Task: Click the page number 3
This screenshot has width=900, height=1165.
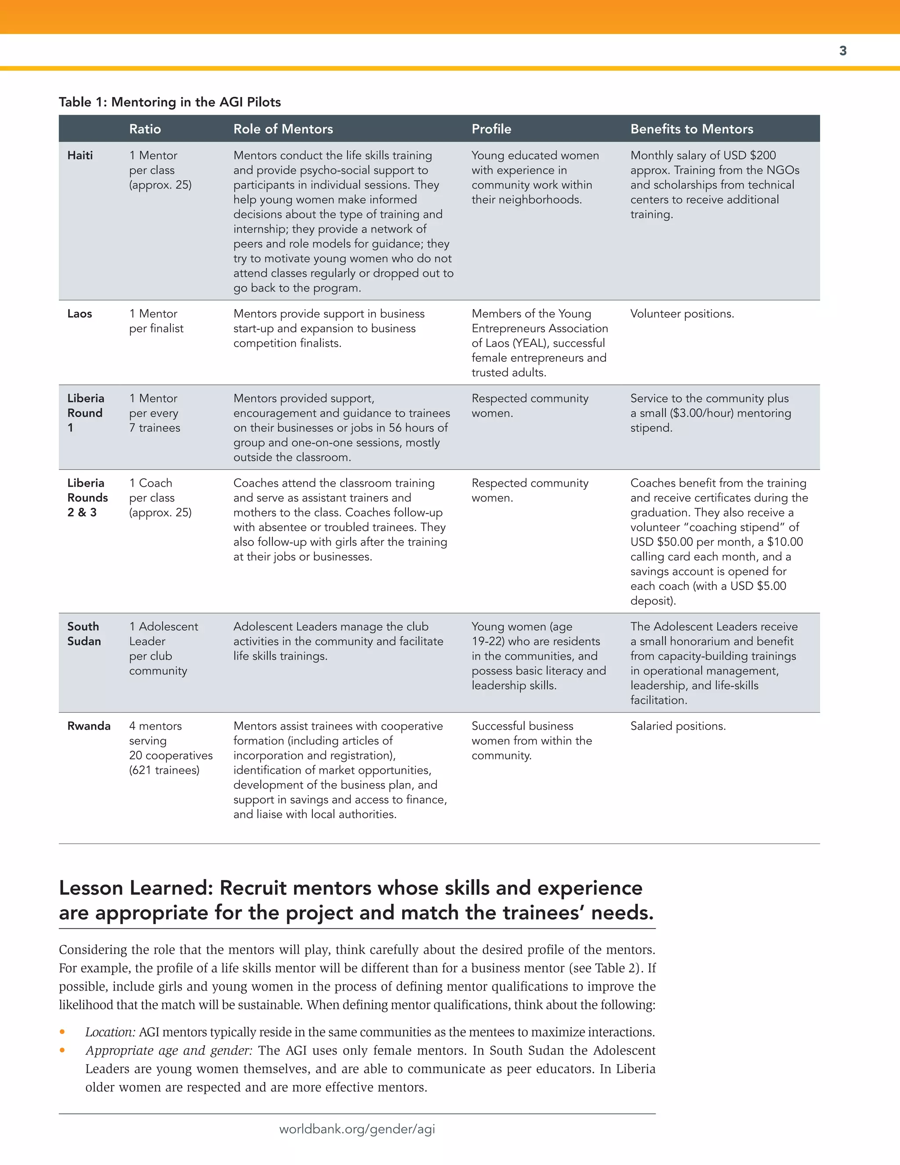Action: click(842, 51)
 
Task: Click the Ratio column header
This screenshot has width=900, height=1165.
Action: click(145, 129)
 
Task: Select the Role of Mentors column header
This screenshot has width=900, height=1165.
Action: click(283, 129)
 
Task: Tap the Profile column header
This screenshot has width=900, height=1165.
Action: click(491, 129)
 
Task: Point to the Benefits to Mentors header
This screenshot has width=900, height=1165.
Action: click(692, 129)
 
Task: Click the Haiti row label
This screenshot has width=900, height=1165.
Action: click(80, 155)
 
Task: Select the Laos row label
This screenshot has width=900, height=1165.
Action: click(80, 313)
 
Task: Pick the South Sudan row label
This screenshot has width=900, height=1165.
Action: click(83, 633)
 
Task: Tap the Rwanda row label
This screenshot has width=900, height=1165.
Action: click(88, 726)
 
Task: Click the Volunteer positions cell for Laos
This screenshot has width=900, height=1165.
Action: click(682, 313)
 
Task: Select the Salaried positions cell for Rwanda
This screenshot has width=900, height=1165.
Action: click(678, 726)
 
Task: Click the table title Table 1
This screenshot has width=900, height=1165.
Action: click(170, 102)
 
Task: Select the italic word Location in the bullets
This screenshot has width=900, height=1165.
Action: click(110, 1032)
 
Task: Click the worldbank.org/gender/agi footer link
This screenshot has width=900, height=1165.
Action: click(357, 1129)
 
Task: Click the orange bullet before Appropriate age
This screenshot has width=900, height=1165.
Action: click(62, 1050)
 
